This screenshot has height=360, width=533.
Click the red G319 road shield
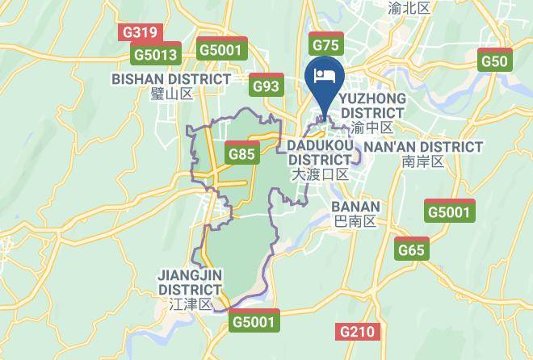point(139,32)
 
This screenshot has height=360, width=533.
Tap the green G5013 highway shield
point(155,54)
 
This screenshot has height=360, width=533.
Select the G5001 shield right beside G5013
point(220,49)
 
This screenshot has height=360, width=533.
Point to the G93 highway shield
point(265,86)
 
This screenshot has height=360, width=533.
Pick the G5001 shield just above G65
point(448,212)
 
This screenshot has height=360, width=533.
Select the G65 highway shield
point(411,250)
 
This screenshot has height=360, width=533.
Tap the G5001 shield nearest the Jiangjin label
point(255,321)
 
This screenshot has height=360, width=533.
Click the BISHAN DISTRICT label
point(171,79)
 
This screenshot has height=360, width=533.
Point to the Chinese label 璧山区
point(171,94)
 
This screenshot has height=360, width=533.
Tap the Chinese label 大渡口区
point(320,174)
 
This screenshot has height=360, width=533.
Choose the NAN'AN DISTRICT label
point(424,147)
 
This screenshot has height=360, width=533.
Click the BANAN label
point(355,206)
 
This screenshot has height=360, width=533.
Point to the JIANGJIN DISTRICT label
point(190,282)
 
